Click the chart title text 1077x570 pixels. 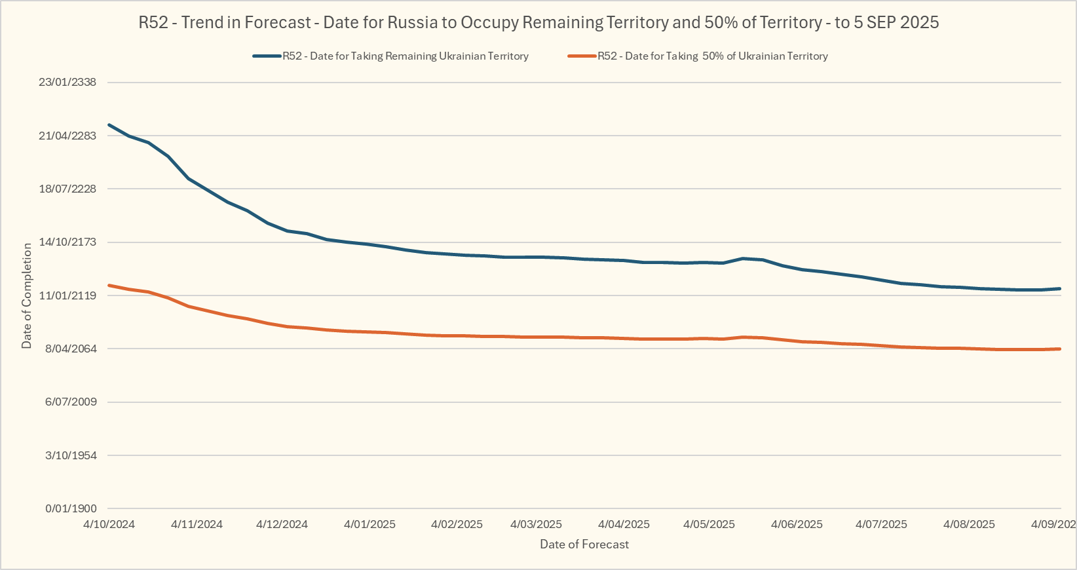[538, 22]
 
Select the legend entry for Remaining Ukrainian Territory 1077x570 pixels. [405, 56]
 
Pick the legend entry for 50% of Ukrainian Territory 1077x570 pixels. [712, 56]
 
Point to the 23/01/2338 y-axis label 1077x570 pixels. [67, 83]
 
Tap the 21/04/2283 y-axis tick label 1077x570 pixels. [67, 136]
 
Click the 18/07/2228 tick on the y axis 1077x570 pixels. [67, 189]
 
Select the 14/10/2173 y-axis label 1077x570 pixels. [67, 242]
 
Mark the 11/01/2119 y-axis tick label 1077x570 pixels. [67, 295]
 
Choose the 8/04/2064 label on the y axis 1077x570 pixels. [71, 349]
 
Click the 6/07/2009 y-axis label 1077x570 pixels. [71, 402]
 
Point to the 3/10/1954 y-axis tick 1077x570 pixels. [71, 455]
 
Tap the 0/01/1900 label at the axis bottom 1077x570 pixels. [71, 508]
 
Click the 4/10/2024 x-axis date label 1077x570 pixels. [109, 524]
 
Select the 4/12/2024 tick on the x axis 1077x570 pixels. [282, 524]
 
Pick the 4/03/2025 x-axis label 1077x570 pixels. [536, 524]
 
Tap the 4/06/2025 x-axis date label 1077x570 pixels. [797, 524]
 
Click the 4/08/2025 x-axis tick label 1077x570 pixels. [969, 524]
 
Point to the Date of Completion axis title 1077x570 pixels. [27, 295]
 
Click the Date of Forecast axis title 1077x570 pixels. [584, 544]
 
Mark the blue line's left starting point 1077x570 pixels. [109, 124]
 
